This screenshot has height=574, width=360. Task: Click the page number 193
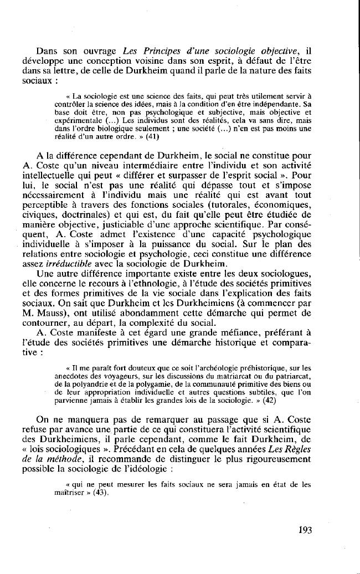305,530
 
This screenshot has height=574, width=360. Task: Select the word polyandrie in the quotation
101,382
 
